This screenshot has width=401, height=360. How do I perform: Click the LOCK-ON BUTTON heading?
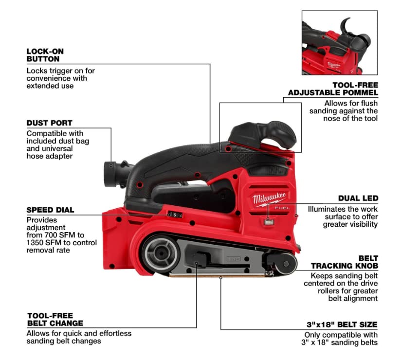45,55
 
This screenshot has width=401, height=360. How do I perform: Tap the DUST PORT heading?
49,123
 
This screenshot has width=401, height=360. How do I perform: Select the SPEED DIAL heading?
50,210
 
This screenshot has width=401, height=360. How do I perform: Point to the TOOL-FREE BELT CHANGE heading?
55,319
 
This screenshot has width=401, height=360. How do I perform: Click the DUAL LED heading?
358,198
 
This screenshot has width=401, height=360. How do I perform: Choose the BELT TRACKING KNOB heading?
345,262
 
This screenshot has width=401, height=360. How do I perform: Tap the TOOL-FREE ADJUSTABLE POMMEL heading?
333,89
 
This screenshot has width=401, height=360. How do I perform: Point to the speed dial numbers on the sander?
173,214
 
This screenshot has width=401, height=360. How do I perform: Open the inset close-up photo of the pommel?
339,43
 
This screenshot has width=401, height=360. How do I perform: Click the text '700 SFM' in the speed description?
60,235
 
